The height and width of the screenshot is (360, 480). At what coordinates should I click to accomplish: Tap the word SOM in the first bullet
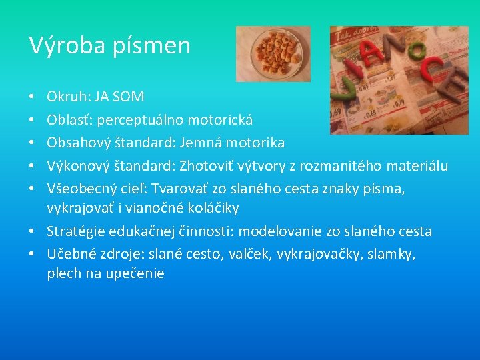[x=128, y=97]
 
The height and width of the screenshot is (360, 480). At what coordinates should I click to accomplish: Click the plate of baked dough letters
[x=273, y=53]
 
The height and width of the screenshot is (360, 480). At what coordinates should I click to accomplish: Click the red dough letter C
[x=431, y=71]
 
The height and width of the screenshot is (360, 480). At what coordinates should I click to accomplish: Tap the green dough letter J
[x=349, y=83]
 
